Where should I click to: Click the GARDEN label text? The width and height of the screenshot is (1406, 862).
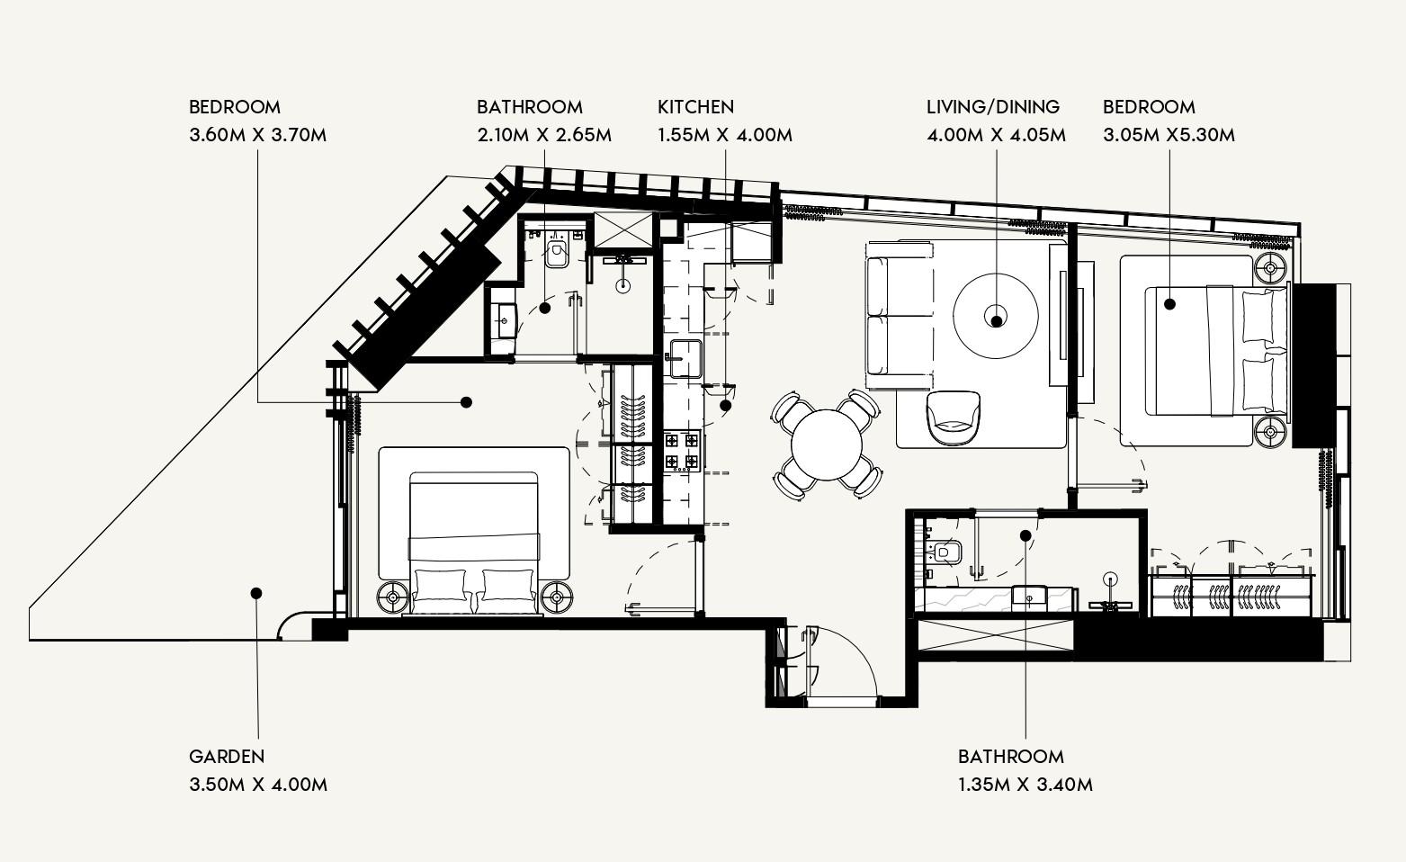click(227, 756)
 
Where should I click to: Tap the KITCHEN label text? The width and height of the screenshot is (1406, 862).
click(695, 107)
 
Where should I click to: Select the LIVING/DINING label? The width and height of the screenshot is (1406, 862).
click(993, 107)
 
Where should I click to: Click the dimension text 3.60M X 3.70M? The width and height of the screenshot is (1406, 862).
click(257, 135)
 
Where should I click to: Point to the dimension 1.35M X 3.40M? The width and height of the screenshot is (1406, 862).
click(1025, 784)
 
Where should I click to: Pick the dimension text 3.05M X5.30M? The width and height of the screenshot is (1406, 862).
click(1169, 135)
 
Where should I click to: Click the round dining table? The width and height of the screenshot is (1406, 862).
click(826, 444)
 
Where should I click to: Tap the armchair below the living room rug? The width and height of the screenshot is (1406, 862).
click(954, 416)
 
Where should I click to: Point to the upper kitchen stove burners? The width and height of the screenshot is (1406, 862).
click(682, 441)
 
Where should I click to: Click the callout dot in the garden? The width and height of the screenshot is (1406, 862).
click(256, 593)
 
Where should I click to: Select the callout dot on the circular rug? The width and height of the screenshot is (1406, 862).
click(996, 318)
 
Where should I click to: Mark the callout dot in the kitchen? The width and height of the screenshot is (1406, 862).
click(726, 405)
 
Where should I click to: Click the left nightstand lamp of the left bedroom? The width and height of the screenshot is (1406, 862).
click(393, 596)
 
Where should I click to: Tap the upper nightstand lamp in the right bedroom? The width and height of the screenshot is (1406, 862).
click(1270, 267)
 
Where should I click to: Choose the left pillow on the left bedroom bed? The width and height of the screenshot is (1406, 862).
click(439, 586)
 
